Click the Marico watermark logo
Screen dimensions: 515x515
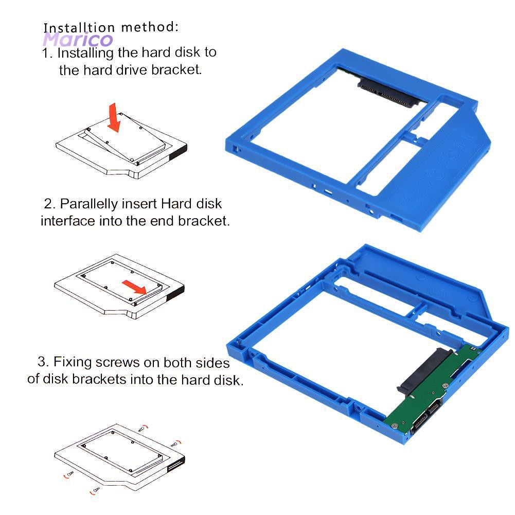click(78, 40)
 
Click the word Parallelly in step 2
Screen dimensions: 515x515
click(88, 204)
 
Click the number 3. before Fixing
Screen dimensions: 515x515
click(44, 362)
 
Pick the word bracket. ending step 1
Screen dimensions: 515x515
click(175, 70)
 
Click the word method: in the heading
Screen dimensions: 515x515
click(150, 27)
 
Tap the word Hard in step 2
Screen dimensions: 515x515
click(177, 204)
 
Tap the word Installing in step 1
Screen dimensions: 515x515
click(85, 53)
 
